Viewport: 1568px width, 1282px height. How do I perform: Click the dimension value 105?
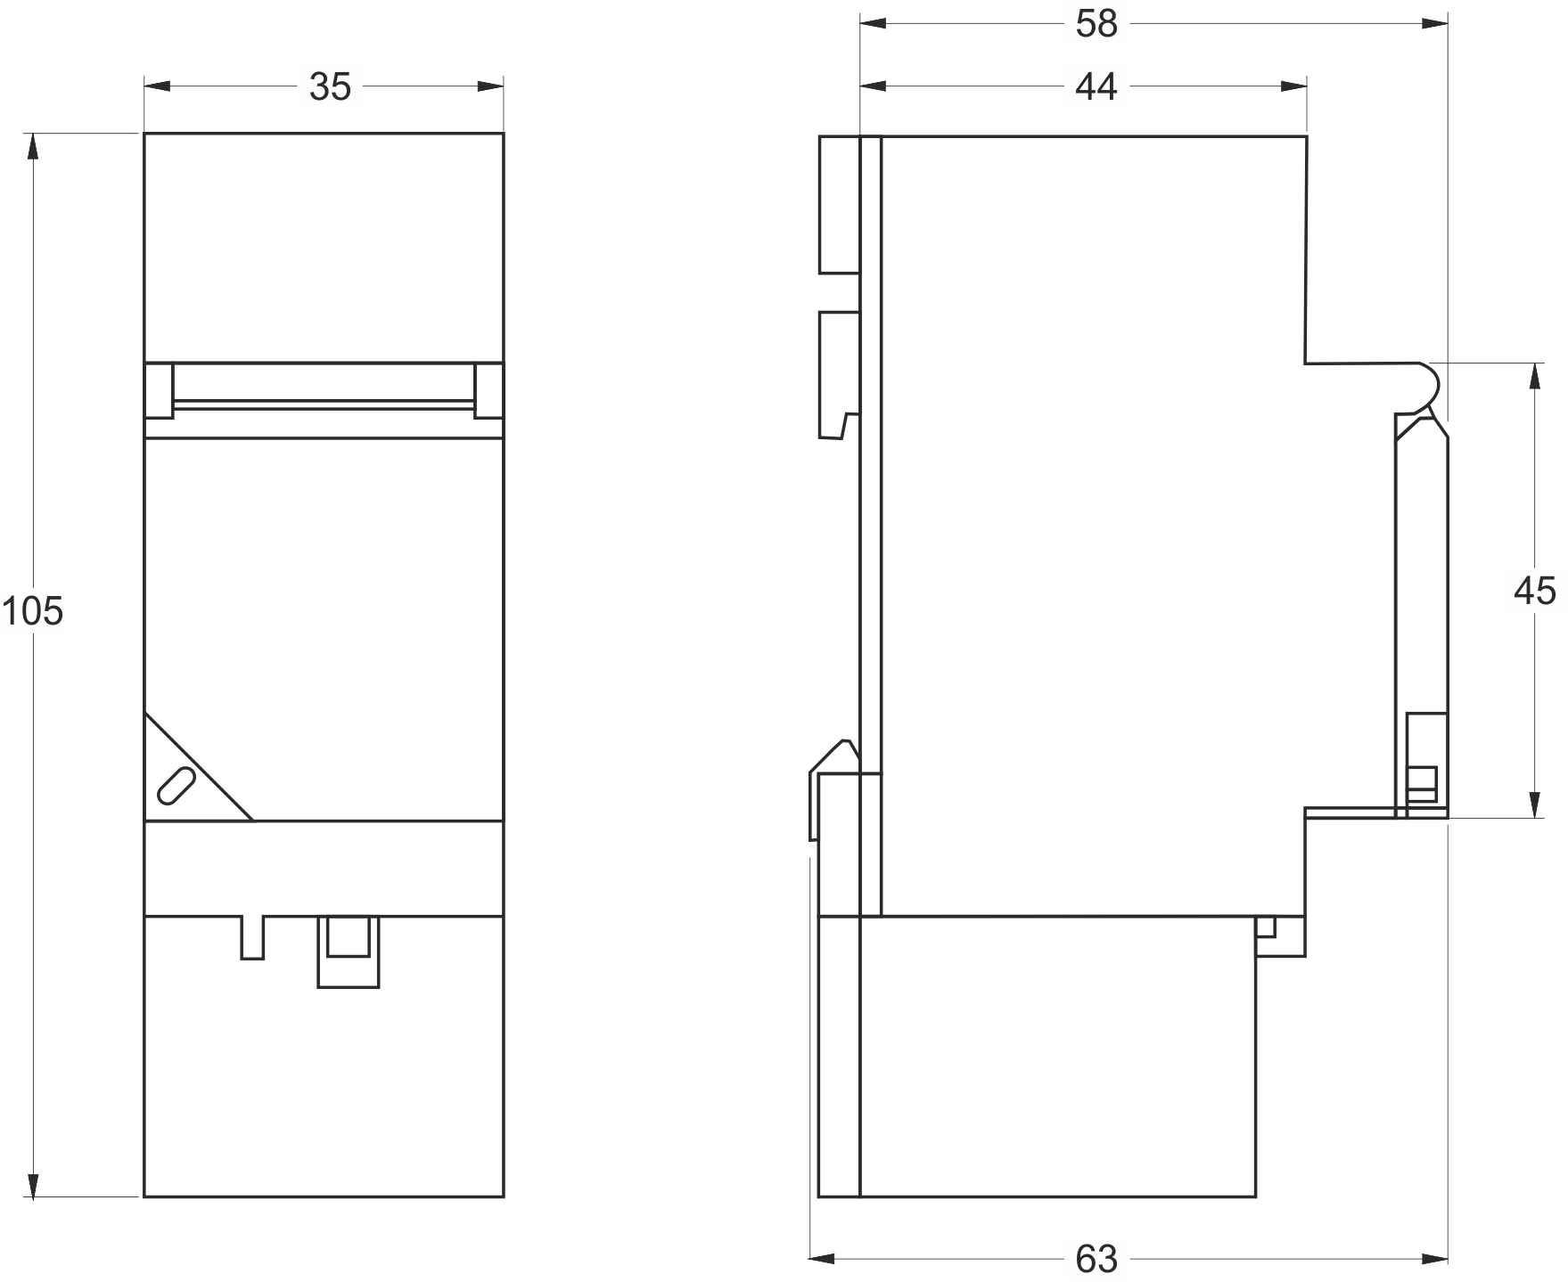[x=32, y=612]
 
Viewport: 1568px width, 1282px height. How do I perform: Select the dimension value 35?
[x=330, y=87]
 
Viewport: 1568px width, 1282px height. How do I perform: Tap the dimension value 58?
[x=1096, y=25]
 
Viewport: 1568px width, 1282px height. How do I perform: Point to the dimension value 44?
[x=1096, y=86]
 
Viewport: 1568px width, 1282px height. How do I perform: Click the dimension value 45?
[x=1534, y=591]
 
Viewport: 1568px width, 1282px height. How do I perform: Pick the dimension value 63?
[x=1096, y=1259]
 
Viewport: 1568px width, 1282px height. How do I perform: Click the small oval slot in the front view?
[x=176, y=786]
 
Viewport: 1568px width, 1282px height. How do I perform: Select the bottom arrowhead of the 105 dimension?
[x=34, y=1184]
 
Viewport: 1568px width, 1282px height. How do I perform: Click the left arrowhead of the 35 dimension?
[x=158, y=86]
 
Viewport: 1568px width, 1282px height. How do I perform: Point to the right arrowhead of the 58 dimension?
[x=1433, y=24]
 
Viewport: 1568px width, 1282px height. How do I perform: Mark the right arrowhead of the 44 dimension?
[x=1293, y=86]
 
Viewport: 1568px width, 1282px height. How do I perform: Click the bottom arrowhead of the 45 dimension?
[x=1534, y=804]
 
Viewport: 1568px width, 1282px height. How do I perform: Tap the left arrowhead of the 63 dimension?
[x=822, y=1259]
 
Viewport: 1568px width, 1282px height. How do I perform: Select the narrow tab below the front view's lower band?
[x=252, y=937]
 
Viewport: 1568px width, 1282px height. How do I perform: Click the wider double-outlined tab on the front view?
[x=349, y=951]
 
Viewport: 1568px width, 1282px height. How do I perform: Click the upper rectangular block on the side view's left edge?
[x=839, y=204]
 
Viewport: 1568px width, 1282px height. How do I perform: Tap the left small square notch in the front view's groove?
[x=159, y=390]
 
